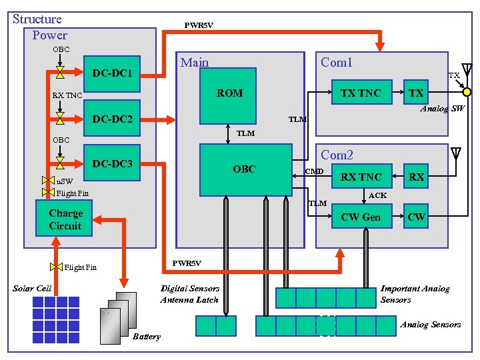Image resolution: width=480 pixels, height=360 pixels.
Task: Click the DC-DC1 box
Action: tap(112, 72)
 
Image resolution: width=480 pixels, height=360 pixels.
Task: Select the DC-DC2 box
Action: tap(112, 119)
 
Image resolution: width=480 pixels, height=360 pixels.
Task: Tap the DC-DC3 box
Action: tap(112, 163)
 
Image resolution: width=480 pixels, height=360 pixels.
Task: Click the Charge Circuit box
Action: tap(65, 220)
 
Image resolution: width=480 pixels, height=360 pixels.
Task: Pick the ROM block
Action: tap(229, 93)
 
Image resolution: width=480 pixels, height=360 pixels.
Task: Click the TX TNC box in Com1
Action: tap(361, 93)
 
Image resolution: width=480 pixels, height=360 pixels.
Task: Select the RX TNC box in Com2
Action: tap(361, 177)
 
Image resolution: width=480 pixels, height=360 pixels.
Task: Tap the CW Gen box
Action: tap(361, 217)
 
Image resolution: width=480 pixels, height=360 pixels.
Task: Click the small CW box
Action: tap(416, 217)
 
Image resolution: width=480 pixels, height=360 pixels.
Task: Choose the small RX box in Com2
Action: tap(416, 177)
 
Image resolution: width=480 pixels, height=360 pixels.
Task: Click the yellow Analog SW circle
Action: tap(467, 91)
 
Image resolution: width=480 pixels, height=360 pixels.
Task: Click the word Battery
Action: tap(147, 337)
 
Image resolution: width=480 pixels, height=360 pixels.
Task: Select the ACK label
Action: tap(377, 196)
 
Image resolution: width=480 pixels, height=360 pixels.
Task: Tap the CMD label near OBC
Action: tap(314, 172)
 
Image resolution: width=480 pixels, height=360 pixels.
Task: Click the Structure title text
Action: tap(37, 19)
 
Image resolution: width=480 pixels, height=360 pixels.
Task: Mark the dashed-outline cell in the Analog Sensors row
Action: tap(325, 325)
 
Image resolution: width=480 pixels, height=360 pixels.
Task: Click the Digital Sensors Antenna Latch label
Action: tap(189, 294)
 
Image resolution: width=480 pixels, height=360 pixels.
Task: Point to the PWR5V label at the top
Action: tap(199, 26)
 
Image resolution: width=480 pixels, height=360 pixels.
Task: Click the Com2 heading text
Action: tap(337, 155)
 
